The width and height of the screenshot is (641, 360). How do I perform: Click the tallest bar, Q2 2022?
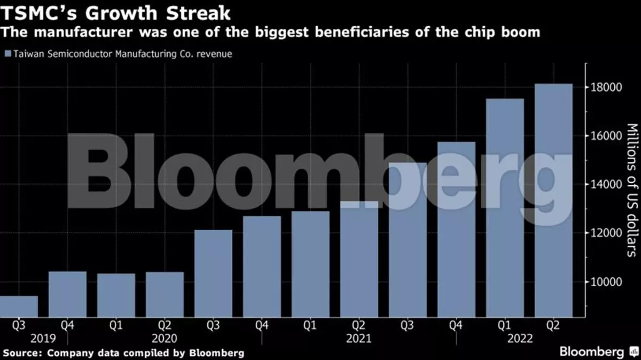[553, 200]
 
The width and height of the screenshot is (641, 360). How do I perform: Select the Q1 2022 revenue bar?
[505, 208]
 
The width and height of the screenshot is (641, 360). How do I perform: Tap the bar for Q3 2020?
[213, 273]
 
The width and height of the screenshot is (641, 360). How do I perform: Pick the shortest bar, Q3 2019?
[19, 307]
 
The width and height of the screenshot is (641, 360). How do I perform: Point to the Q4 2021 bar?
[456, 229]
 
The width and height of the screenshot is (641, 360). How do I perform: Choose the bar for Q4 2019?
[67, 294]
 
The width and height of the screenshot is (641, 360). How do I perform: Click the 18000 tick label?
[606, 87]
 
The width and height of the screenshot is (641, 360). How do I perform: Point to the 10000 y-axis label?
[606, 282]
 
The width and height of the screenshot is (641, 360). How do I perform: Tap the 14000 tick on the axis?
[606, 184]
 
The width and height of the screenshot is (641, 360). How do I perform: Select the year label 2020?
[165, 339]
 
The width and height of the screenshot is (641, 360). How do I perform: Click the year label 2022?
[520, 339]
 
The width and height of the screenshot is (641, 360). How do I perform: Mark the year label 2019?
[43, 339]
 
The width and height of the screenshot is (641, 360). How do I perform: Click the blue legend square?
[8, 53]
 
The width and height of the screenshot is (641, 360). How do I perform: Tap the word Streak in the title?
[198, 13]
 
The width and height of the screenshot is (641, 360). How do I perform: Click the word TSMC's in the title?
[38, 13]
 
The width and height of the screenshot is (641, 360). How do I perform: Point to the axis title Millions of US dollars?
[633, 190]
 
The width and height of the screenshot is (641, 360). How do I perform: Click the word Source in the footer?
[22, 353]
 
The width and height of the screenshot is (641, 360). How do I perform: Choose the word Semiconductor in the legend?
[80, 54]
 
